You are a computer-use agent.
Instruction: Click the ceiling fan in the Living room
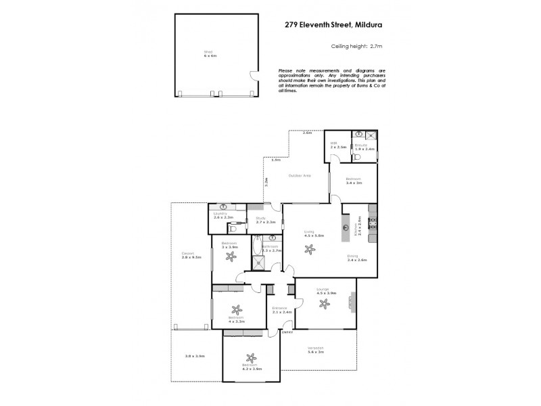pos(310,248)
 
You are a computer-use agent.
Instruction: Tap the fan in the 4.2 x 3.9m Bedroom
pos(251,359)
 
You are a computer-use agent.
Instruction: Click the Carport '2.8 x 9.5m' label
pos(188,256)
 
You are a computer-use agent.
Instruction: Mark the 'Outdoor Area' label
pos(299,176)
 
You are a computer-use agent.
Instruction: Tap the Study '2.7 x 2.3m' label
pos(265,221)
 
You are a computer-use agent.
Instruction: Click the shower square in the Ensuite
pos(371,135)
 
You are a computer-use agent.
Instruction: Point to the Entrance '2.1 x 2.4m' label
pos(281,311)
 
